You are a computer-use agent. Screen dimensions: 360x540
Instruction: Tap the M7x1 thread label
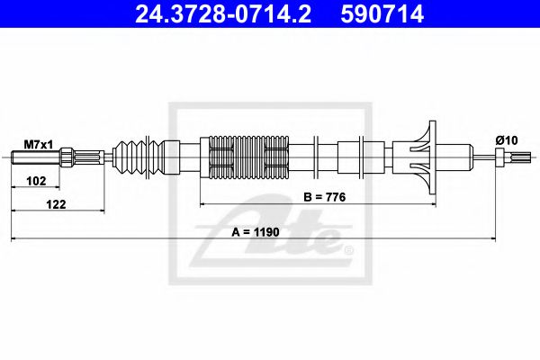point(36,143)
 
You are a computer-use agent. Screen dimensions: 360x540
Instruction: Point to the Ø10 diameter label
point(505,139)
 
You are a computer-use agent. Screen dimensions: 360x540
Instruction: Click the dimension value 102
point(36,180)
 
